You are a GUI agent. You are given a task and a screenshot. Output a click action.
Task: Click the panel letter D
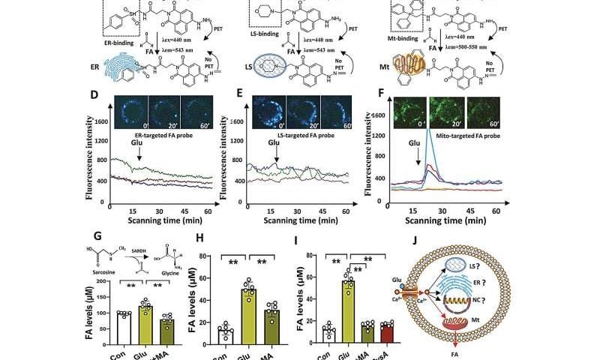coord(93,97)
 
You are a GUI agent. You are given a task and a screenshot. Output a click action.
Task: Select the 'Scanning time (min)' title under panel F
coord(451,223)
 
